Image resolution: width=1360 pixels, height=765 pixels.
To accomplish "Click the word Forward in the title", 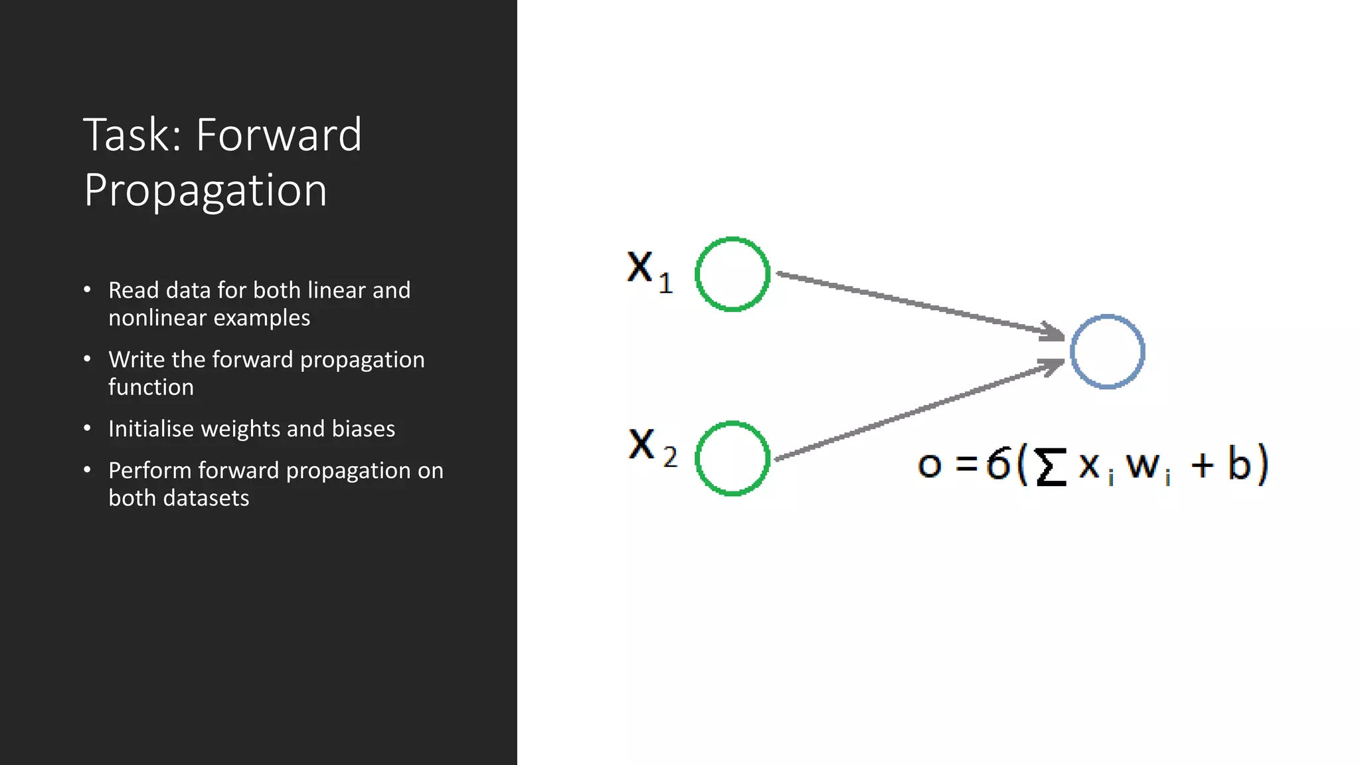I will click(x=279, y=135).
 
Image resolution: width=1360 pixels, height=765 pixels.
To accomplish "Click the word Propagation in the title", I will click(x=205, y=191).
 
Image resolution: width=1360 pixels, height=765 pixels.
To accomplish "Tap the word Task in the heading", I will click(x=132, y=135).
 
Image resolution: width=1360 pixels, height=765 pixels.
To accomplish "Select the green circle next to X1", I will click(x=732, y=274).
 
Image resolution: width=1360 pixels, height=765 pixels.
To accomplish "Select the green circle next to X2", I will click(x=732, y=458).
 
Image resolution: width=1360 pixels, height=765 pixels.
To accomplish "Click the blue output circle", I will click(x=1107, y=351).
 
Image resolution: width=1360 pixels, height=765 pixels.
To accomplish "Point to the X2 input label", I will click(x=651, y=446).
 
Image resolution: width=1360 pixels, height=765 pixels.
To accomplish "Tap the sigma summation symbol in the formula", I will click(x=1051, y=466).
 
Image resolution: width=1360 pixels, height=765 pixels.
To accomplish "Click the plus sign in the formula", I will click(x=1203, y=465).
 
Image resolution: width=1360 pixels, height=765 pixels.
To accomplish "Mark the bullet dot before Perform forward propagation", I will click(x=87, y=469).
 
